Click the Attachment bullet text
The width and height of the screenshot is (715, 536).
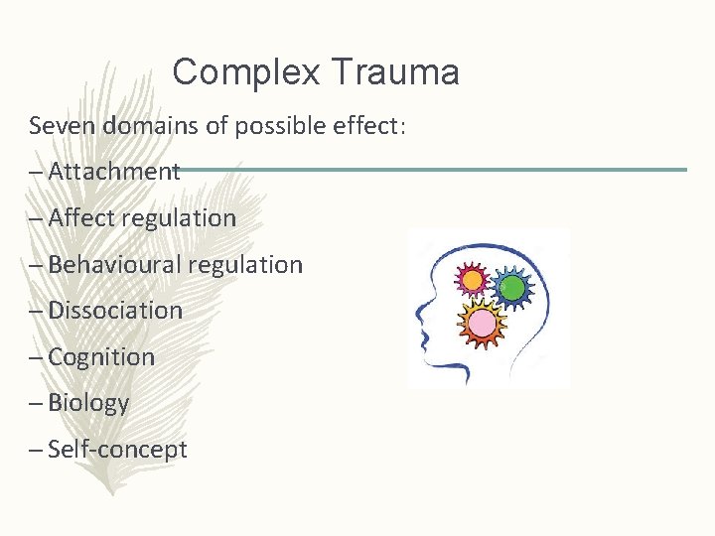(x=113, y=172)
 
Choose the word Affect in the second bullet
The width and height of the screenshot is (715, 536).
(x=81, y=217)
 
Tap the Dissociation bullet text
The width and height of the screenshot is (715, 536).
(x=115, y=310)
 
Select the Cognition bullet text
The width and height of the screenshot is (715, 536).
(x=101, y=356)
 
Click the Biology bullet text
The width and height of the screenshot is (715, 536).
(x=88, y=403)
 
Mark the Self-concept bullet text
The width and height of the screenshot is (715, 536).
(x=117, y=449)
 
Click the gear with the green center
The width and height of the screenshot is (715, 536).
(x=512, y=288)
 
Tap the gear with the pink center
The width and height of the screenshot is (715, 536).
(x=483, y=323)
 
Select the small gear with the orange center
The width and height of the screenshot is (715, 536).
(x=474, y=281)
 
